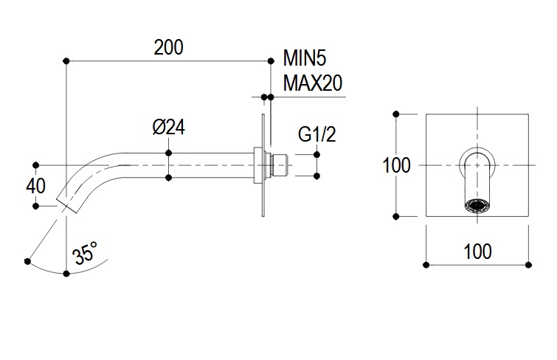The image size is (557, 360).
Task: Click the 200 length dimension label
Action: (168, 47)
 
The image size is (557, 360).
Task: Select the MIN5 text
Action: (305, 59)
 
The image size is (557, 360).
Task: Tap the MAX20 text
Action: (313, 83)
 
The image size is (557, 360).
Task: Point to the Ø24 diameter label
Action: (168, 127)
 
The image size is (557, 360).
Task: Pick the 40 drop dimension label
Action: (35, 185)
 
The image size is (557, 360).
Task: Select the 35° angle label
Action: (85, 255)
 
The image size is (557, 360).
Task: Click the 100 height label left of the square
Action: (396, 165)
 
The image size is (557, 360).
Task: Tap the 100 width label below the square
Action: (477, 251)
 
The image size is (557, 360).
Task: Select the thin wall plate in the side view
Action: (263, 165)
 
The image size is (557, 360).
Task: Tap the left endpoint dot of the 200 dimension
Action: (66, 60)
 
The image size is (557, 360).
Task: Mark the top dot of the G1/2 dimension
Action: (317, 153)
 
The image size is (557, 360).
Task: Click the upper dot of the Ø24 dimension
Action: (169, 153)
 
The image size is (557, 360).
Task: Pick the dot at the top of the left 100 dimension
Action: (397, 114)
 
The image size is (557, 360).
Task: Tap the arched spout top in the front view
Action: (478, 154)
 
